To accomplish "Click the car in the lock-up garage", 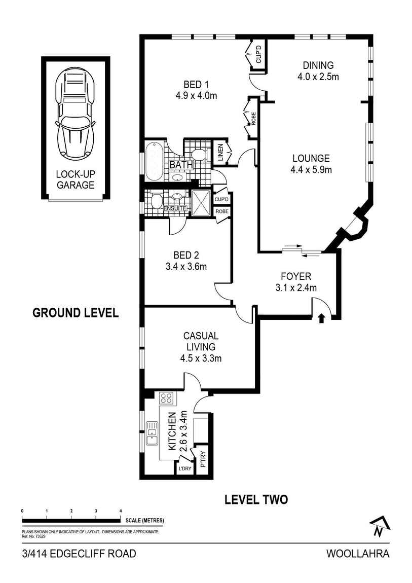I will pos(76,113).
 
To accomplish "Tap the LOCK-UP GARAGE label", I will pos(76,179).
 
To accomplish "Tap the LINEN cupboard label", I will pos(220,153).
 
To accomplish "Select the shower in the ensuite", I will pos(202,203).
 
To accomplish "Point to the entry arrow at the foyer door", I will pos(320,318).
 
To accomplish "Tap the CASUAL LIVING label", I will pos(201,341).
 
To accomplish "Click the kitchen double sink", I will pos(152,433).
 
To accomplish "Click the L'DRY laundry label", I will pos(184,468).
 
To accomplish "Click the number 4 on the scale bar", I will pos(120,511).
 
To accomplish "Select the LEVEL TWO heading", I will pos(256,499).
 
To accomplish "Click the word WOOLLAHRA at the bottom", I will pos(358,553).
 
